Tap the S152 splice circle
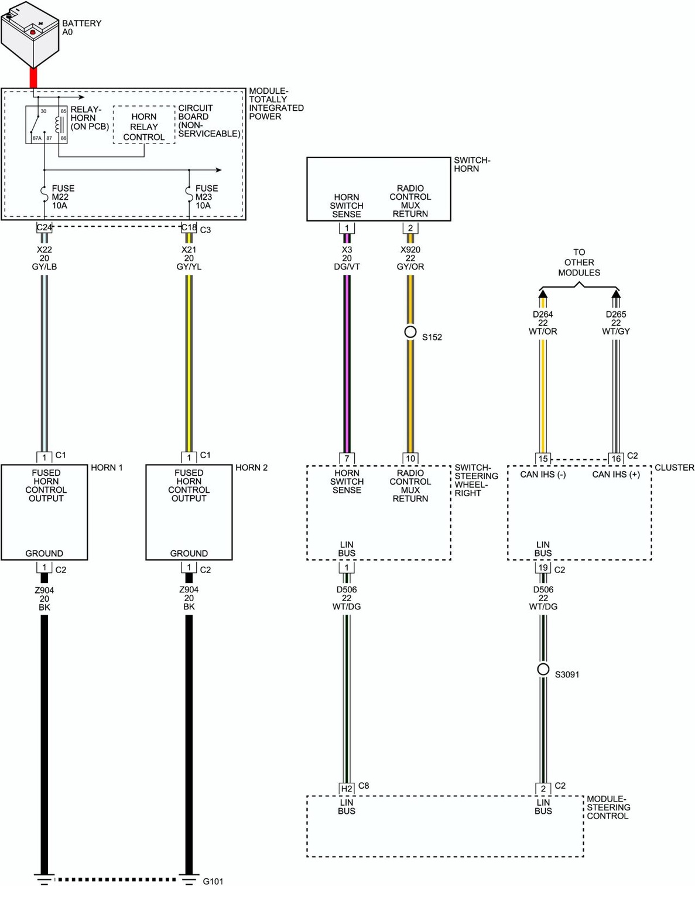(x=410, y=332)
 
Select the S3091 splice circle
(x=543, y=669)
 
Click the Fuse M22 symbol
(x=44, y=192)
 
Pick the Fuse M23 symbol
(x=189, y=192)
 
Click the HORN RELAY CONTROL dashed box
(x=144, y=125)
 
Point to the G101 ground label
(x=213, y=881)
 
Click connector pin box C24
(x=44, y=227)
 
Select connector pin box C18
(x=189, y=227)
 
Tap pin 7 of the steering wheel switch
(x=347, y=459)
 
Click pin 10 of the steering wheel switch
(x=410, y=459)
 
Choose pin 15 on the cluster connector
(x=543, y=459)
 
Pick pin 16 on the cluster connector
(x=616, y=459)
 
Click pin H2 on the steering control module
(x=347, y=789)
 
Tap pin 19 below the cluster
(x=543, y=568)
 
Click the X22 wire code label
(x=44, y=250)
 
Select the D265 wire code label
(x=616, y=315)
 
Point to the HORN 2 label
(x=251, y=468)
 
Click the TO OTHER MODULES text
(x=579, y=262)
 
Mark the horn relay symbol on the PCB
(x=46, y=124)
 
